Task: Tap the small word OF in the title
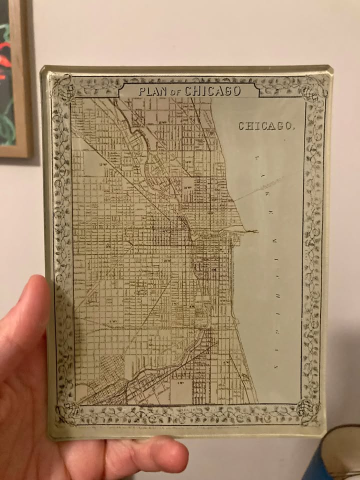[x=176, y=92]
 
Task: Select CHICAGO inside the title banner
[x=212, y=91]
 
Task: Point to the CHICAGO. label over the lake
[x=266, y=126]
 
